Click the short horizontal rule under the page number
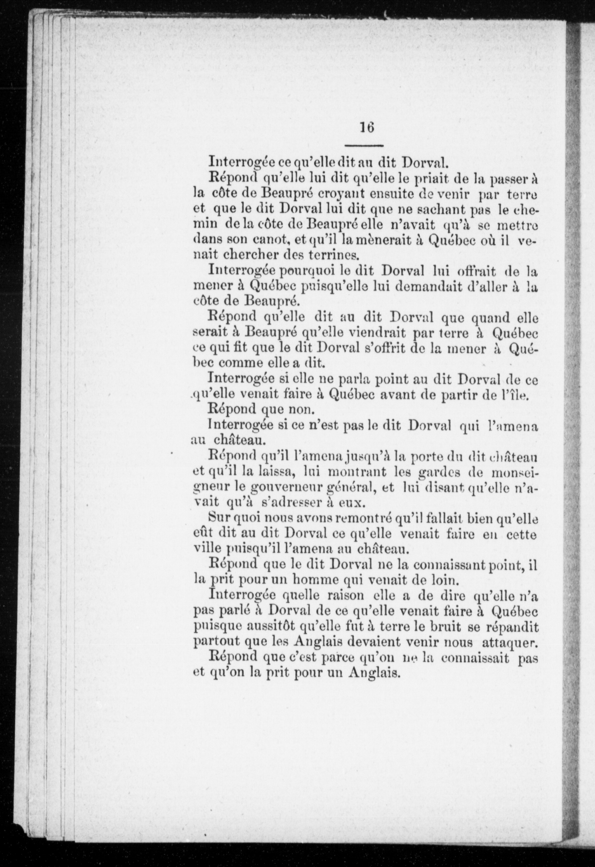pos(364,145)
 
